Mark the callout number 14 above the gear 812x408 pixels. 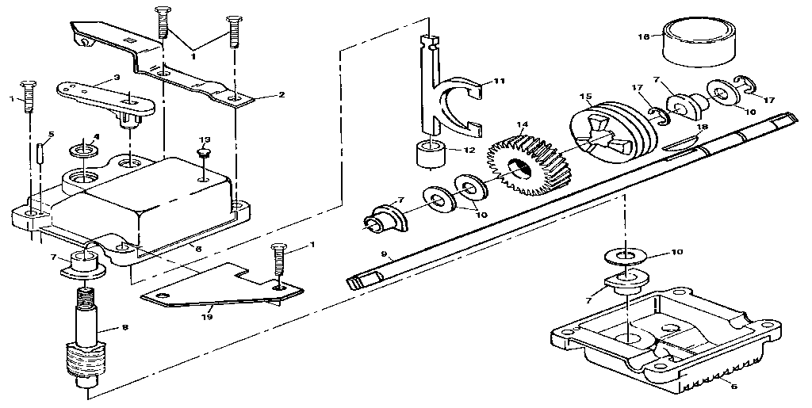coord(521,125)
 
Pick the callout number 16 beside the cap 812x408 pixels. coord(644,36)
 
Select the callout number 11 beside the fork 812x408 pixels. coord(499,81)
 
